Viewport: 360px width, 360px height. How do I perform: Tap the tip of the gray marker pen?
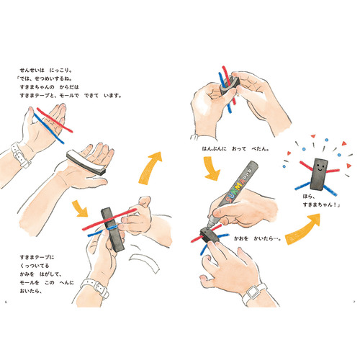tap(208, 227)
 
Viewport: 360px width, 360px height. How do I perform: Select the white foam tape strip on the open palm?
tap(86, 162)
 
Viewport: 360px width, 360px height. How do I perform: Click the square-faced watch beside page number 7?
tap(254, 293)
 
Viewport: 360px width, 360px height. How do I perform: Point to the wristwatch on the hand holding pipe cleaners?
tap(20, 154)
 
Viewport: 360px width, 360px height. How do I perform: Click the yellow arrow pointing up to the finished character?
tap(303, 229)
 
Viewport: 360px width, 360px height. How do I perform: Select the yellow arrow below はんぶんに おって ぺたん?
tap(212, 168)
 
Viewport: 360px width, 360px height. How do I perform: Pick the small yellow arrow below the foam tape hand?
tap(80, 208)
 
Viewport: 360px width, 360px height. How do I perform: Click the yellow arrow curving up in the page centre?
tap(150, 168)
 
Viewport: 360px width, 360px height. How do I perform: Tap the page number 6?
tap(6, 302)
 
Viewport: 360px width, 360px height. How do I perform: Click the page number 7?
tap(354, 302)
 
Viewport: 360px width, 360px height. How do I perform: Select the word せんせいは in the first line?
tap(32, 71)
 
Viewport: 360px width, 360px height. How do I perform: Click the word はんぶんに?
tap(215, 149)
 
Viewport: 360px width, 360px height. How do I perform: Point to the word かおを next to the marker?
tap(241, 238)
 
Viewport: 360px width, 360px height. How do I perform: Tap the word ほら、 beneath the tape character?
tap(309, 197)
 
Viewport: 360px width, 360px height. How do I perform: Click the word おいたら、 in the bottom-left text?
tap(31, 291)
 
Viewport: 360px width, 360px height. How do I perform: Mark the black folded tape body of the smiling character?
tap(319, 174)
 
